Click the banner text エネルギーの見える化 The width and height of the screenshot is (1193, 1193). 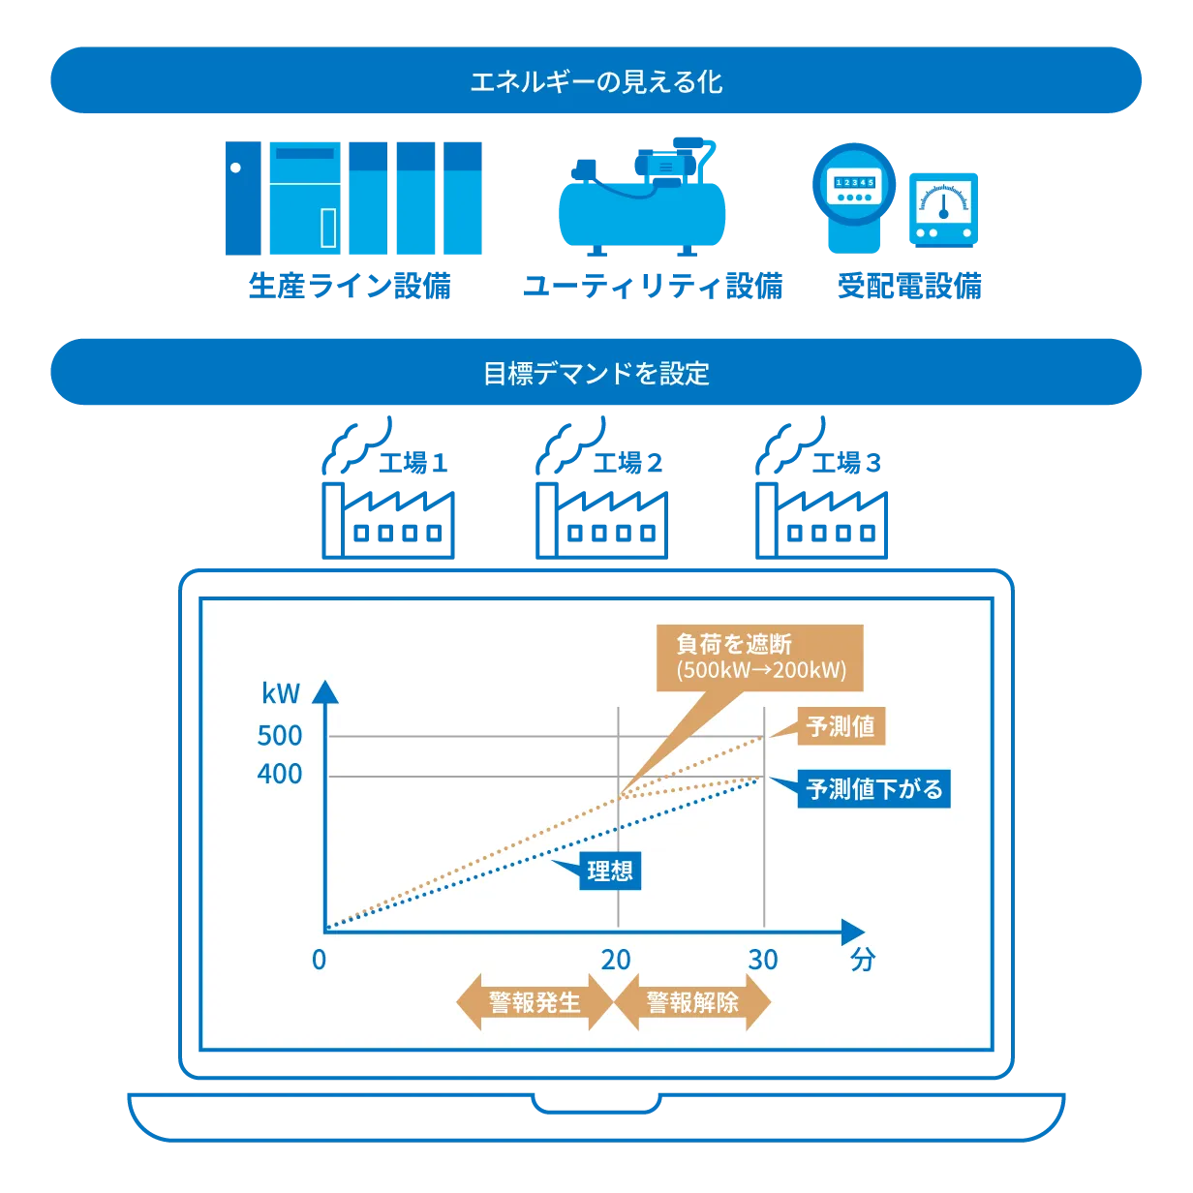click(596, 81)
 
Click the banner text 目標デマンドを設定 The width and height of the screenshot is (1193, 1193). click(596, 373)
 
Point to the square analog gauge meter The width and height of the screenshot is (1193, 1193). click(943, 209)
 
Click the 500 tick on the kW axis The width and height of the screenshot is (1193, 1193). click(280, 736)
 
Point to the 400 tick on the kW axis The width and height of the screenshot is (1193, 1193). click(280, 775)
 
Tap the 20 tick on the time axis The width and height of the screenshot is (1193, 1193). click(616, 960)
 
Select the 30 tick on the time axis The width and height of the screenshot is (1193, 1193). click(763, 960)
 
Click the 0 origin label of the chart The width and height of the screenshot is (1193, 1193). click(320, 960)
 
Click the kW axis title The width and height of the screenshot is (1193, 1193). click(281, 693)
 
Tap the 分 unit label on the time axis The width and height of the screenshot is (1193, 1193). click(862, 960)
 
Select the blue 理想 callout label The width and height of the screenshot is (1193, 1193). click(610, 871)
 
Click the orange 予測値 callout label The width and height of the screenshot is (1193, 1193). click(841, 726)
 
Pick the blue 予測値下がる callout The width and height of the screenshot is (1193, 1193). click(874, 789)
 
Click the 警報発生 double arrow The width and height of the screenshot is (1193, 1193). click(535, 1002)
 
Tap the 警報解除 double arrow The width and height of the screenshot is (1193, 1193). click(692, 1002)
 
